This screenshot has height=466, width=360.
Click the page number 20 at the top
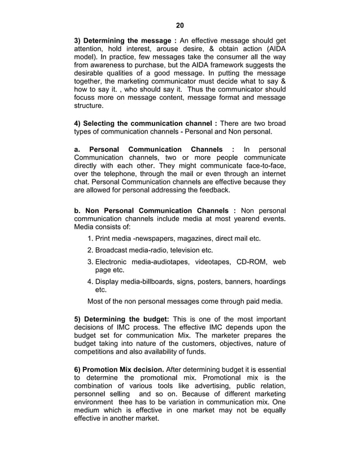[179, 25]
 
